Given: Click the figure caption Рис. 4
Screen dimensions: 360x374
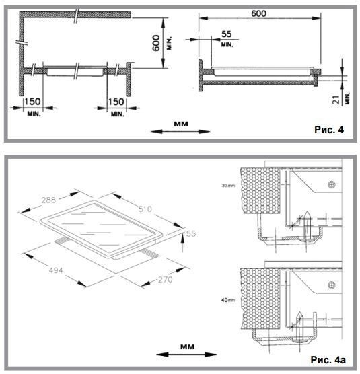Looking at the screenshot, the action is point(329,130).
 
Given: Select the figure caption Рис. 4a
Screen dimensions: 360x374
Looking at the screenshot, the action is point(328,359).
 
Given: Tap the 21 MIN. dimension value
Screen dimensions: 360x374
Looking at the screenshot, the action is point(336,100).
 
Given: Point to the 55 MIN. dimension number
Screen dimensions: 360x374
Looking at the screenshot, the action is point(226,34).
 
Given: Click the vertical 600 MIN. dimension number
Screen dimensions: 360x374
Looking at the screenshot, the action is point(156,43).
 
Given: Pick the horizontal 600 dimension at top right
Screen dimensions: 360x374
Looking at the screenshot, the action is point(259,13).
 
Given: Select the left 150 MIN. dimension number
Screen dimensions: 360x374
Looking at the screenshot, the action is point(33,102).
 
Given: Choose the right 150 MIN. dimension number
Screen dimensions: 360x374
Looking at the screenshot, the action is point(116,102).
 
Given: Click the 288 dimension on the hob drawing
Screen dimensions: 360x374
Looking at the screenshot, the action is point(48,200).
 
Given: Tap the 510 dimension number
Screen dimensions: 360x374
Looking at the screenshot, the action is point(145,209).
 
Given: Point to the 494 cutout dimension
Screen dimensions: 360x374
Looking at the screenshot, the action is point(56,270).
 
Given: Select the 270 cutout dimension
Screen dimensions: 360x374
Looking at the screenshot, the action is point(165,279).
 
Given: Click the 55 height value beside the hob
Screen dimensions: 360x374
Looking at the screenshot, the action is point(191,234).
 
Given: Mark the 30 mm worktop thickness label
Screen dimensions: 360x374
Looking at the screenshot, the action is point(228,186).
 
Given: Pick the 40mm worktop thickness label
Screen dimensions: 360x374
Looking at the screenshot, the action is point(228,300).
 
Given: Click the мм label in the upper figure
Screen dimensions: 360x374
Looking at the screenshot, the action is point(181,124).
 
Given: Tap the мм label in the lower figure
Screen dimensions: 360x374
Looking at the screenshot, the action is point(187,346).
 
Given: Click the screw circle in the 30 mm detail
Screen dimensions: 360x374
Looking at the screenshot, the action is point(332,184).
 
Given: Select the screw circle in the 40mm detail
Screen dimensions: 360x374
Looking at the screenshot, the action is point(332,285).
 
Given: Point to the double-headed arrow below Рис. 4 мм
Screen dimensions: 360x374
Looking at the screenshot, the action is point(180,131).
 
